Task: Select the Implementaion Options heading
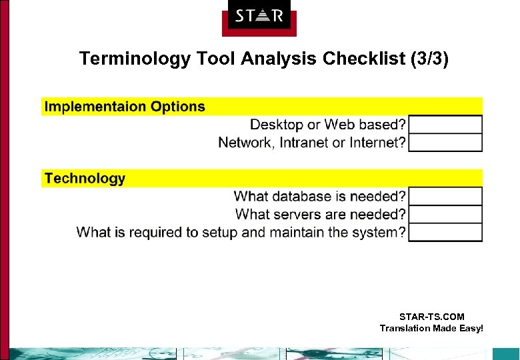[x=125, y=107]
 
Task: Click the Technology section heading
[x=85, y=179]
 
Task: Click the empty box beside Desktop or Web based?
[x=445, y=125]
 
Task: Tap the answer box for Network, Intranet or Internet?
[x=445, y=143]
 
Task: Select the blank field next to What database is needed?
[x=445, y=197]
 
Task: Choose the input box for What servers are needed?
[x=445, y=215]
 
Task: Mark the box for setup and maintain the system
[x=445, y=233]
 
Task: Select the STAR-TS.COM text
[x=431, y=317]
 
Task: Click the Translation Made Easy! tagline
[x=431, y=328]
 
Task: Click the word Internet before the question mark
[x=376, y=143]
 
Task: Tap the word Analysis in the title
[x=280, y=59]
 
